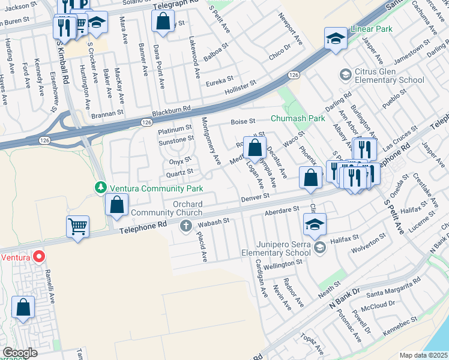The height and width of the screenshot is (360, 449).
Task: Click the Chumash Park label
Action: pos(298,118)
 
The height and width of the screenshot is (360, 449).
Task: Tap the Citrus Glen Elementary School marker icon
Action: pos(345,74)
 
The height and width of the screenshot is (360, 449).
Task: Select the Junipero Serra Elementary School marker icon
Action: pos(320,247)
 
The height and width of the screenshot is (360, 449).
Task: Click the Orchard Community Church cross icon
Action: pos(186,226)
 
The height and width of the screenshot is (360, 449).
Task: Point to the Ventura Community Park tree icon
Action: pos(100,188)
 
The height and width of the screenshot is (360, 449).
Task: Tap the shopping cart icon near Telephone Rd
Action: pos(77,227)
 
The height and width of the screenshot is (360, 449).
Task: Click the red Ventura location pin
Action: pos(40,257)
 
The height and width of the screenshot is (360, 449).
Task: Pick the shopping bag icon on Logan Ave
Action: pos(255,148)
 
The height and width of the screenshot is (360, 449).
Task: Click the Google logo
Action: pos(20,353)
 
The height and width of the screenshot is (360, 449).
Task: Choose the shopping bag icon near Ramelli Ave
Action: pos(23,308)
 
